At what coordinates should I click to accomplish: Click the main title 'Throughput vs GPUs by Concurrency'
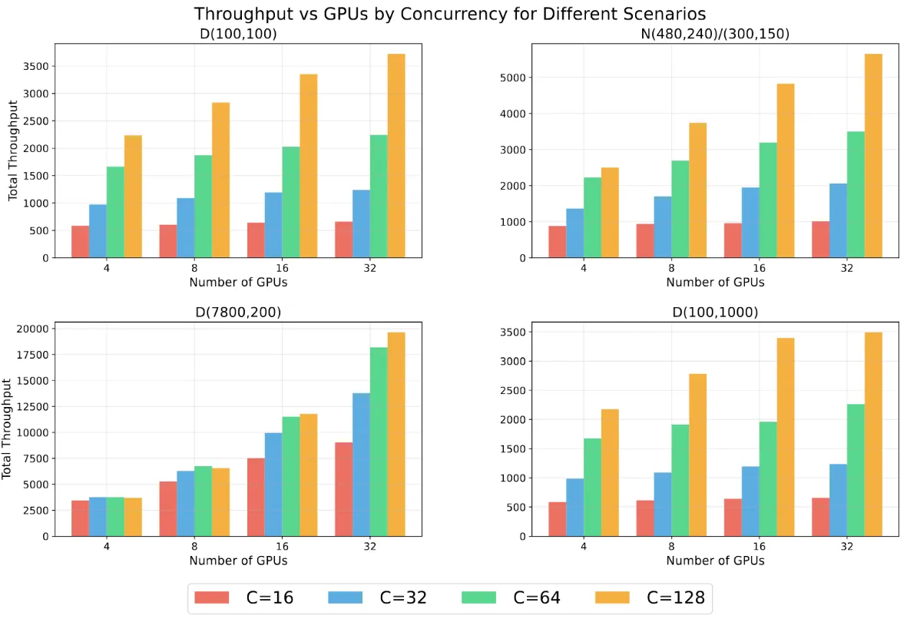point(449,14)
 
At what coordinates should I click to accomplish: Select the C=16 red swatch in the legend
point(212,597)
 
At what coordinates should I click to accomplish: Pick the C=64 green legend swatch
point(480,597)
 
